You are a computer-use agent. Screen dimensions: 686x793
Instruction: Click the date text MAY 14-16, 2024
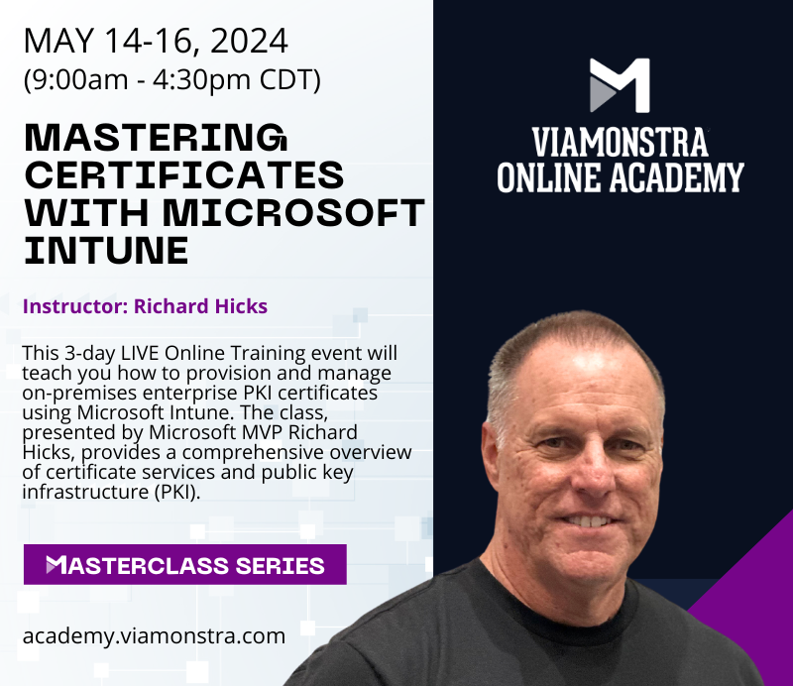click(x=156, y=41)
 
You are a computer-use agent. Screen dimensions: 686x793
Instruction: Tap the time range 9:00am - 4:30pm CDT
click(x=171, y=79)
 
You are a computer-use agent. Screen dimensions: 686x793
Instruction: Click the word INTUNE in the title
click(x=106, y=249)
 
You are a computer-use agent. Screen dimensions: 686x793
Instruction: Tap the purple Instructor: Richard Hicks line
click(x=145, y=306)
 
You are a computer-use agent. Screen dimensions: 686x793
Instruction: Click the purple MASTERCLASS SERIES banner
click(x=185, y=565)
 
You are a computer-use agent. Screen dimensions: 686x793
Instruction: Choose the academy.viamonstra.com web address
click(x=154, y=635)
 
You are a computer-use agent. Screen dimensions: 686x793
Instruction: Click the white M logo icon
click(x=620, y=85)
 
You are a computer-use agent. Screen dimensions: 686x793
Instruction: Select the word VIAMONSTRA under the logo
click(x=619, y=142)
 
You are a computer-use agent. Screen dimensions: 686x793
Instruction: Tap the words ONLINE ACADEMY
click(x=620, y=176)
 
